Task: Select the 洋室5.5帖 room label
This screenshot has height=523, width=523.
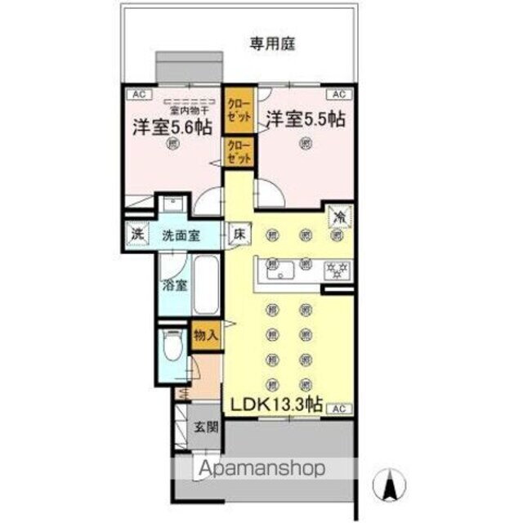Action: coord(304,119)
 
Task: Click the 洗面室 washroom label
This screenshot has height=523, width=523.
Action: coord(181,235)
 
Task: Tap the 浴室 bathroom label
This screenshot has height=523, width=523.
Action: coord(173,287)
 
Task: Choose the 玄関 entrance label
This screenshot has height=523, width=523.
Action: coord(206,427)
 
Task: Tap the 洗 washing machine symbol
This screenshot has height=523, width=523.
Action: coord(136,235)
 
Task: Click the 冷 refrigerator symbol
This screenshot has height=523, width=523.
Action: coord(337,217)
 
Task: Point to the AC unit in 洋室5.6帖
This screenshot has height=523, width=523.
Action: coord(137,94)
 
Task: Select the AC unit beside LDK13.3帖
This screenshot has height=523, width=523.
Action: coord(342,408)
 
